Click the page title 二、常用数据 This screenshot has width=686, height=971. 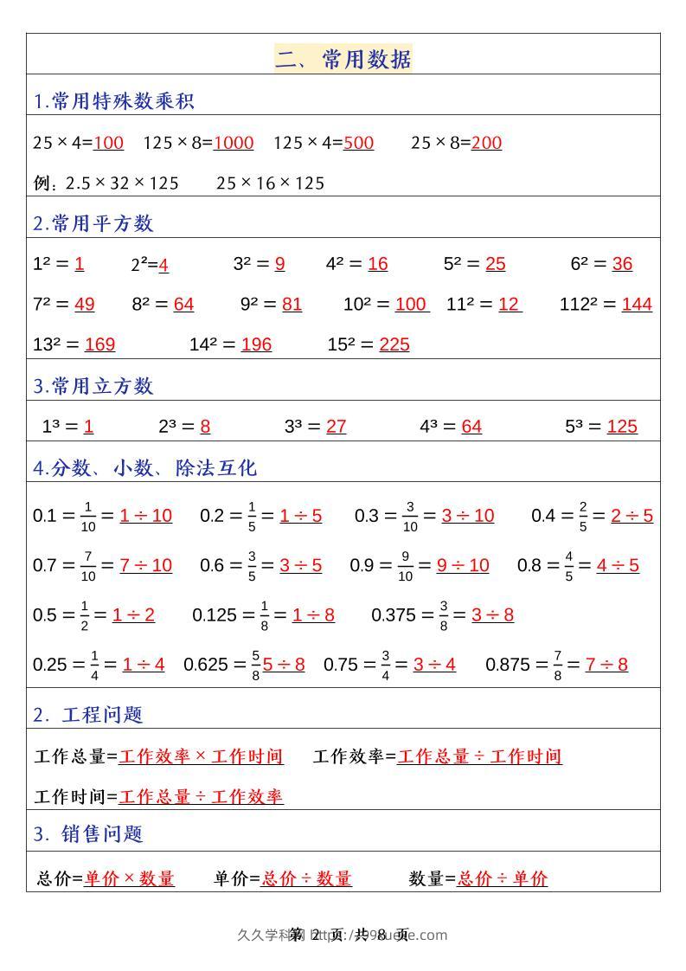343,59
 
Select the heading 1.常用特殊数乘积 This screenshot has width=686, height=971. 114,101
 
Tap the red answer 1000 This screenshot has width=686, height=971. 234,143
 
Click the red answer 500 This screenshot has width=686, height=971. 358,143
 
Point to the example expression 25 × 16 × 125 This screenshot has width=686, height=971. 270,183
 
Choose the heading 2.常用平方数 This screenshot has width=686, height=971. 93,223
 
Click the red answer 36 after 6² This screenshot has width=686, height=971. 622,264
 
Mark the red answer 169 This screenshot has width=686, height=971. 99,344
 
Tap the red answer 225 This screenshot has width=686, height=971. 394,344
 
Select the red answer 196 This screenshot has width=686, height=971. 256,344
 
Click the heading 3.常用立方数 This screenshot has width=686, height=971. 93,386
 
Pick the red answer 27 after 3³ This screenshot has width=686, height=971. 337,427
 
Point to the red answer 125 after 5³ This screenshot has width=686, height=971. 622,427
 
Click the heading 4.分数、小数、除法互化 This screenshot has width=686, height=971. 145,468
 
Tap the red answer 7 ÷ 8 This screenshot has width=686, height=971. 606,665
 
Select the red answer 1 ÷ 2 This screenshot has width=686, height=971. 133,615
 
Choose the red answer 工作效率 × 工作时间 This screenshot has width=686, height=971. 201,756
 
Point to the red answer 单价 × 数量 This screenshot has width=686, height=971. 129,878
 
